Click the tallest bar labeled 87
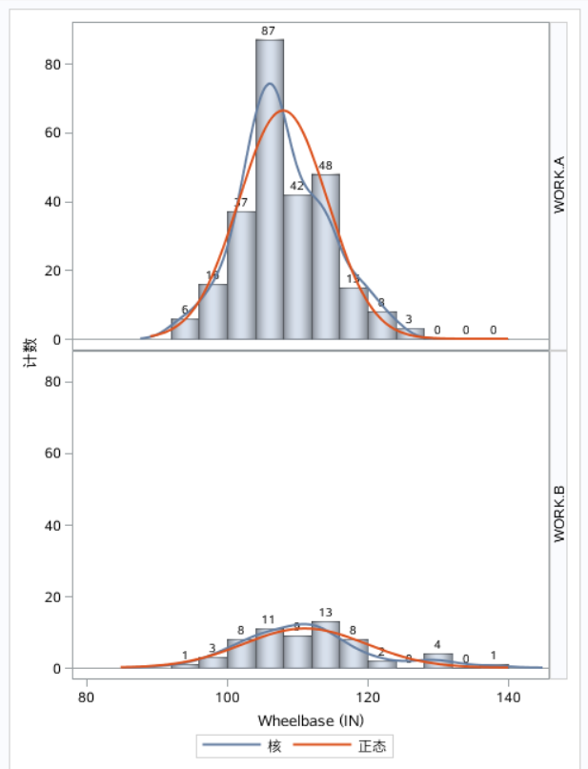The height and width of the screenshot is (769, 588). pyautogui.click(x=269, y=191)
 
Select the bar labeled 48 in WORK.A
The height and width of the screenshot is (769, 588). pyautogui.click(x=325, y=257)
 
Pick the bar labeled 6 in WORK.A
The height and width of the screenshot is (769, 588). pyautogui.click(x=185, y=329)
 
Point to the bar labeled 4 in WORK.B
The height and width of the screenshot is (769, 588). pyautogui.click(x=437, y=660)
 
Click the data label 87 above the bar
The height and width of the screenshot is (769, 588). pyautogui.click(x=269, y=31)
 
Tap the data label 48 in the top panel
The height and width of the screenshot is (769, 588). pyautogui.click(x=325, y=166)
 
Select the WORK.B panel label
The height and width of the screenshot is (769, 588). pyautogui.click(x=559, y=515)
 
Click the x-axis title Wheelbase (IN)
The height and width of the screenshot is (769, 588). pyautogui.click(x=310, y=720)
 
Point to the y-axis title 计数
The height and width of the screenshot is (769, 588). pyautogui.click(x=30, y=349)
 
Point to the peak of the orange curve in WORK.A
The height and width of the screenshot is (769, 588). pyautogui.click(x=284, y=111)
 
